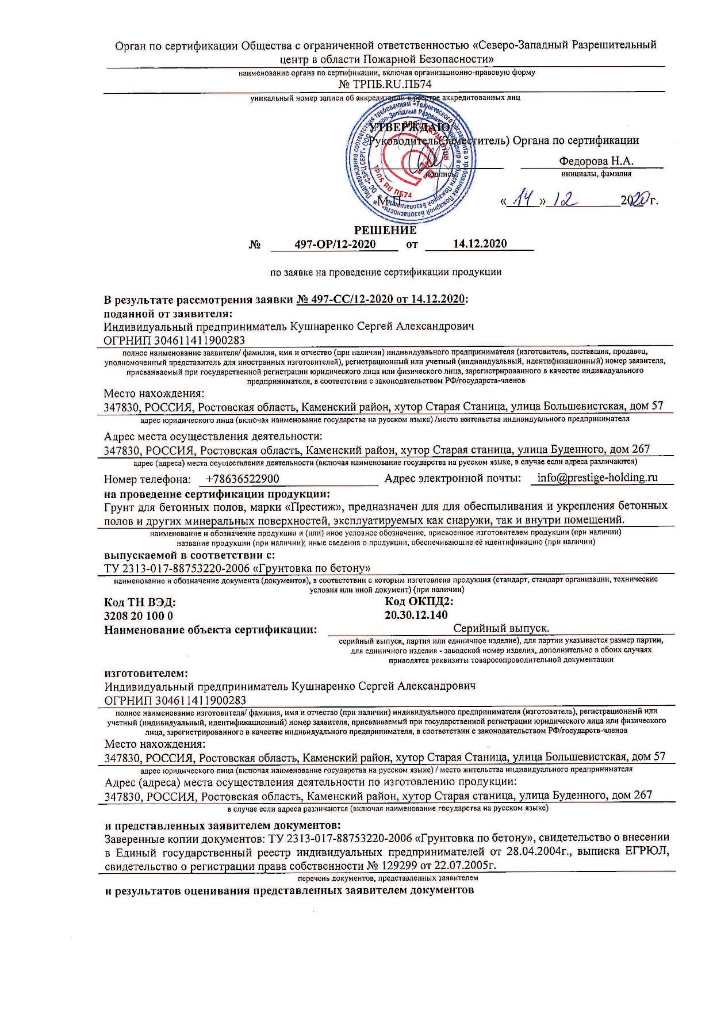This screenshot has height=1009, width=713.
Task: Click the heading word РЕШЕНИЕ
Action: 385,230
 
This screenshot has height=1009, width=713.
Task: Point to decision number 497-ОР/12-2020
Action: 335,244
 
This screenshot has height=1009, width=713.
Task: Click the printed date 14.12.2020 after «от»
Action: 480,243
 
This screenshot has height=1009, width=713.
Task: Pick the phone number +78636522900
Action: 242,479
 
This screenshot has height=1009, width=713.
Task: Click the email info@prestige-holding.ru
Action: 597,477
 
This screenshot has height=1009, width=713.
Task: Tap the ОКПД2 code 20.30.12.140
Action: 416,615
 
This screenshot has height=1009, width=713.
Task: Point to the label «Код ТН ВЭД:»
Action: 140,602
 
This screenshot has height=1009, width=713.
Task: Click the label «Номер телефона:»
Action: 147,479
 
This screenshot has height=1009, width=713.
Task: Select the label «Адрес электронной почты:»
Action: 453,478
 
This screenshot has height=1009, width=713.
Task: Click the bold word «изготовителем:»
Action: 147,672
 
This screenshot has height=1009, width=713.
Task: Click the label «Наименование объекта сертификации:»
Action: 210,630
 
